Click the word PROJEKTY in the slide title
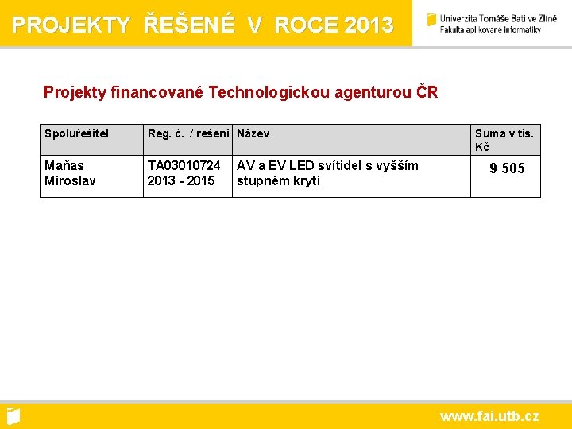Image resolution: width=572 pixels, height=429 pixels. (x=71, y=25)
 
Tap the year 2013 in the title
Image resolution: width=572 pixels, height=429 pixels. (x=369, y=25)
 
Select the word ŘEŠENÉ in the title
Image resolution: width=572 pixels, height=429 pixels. (x=190, y=25)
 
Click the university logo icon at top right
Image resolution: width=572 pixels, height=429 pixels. (x=431, y=19)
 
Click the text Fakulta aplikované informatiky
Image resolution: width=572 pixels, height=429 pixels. (x=491, y=29)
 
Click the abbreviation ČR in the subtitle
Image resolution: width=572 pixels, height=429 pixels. (x=427, y=92)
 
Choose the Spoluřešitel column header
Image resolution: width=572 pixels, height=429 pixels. (x=77, y=133)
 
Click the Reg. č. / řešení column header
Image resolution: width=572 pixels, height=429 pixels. (x=189, y=133)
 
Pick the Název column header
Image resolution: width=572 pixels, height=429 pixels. (x=253, y=133)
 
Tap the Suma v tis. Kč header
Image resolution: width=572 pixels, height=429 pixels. (x=504, y=140)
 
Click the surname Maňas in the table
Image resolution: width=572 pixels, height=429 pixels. (x=64, y=165)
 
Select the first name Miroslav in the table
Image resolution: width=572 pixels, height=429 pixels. (x=70, y=180)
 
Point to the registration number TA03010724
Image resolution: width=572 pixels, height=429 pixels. (x=184, y=165)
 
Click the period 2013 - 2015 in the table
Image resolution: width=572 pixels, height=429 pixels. (x=181, y=180)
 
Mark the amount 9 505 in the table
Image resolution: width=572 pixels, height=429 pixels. (x=507, y=168)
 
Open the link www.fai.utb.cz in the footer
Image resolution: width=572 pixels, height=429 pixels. (x=489, y=416)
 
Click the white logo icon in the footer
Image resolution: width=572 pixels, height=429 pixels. (x=13, y=415)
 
